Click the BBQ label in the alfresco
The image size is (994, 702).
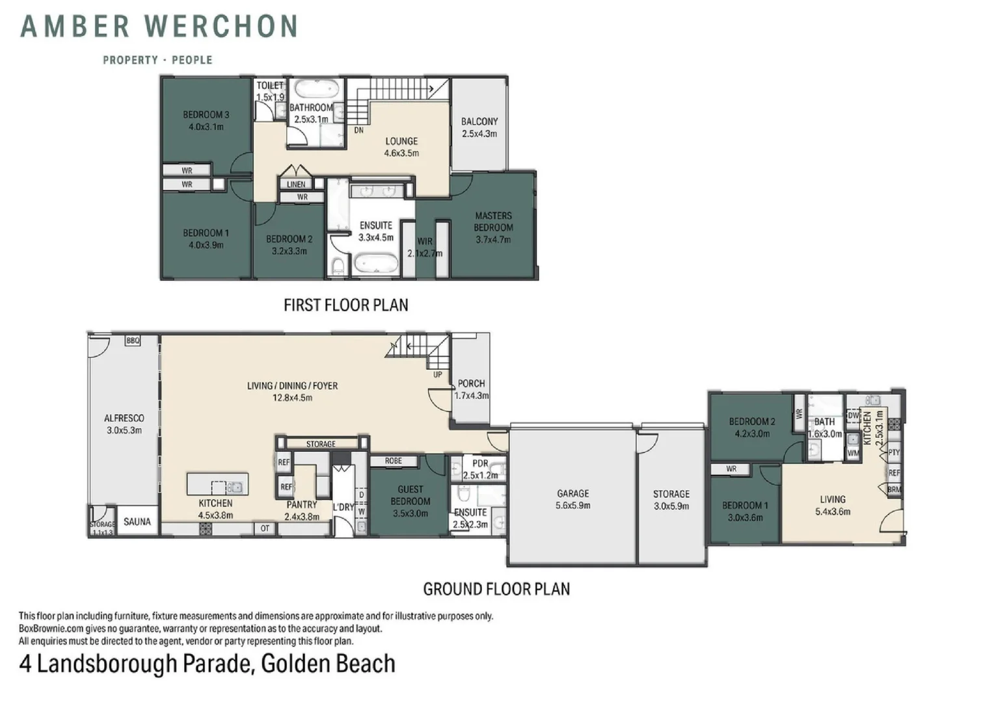click(x=133, y=341)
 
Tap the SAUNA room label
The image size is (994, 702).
click(x=137, y=521)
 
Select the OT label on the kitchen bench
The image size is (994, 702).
click(x=265, y=528)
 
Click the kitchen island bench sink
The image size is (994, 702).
click(x=235, y=487)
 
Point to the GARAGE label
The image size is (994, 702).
click(x=573, y=493)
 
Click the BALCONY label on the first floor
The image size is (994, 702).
click(x=479, y=121)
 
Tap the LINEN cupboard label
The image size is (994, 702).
click(x=296, y=184)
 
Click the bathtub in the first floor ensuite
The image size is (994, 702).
click(x=376, y=265)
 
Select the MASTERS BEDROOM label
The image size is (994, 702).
click(x=494, y=221)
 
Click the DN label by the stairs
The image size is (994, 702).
click(x=359, y=130)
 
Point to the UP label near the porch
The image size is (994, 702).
click(x=438, y=374)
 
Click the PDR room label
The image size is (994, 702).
click(x=480, y=463)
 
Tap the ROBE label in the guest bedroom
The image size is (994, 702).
click(x=393, y=461)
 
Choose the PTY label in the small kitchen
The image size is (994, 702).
click(x=894, y=452)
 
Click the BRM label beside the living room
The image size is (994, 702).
click(x=894, y=489)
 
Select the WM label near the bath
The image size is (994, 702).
click(x=853, y=453)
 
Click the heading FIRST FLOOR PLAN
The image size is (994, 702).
click(x=345, y=305)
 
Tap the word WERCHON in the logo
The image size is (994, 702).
click(x=221, y=26)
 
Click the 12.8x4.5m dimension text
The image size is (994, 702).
click(x=293, y=397)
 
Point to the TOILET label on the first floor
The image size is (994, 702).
click(x=270, y=84)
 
